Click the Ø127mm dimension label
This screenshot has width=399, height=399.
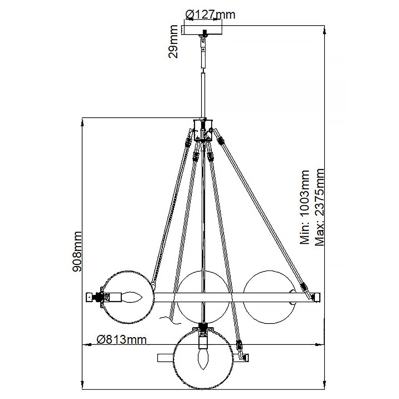pos(210,15)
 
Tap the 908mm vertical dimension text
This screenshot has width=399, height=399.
pos(77,252)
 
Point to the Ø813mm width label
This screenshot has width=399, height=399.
pos(121,339)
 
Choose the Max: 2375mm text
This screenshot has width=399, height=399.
pos(319,207)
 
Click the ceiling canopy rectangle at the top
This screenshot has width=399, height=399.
pos(202,29)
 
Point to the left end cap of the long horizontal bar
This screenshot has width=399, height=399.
pos(89,296)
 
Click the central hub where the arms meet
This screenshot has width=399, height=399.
pos(203,130)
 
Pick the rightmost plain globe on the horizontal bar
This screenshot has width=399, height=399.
pos(269,297)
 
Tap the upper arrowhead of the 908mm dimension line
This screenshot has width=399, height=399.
pos(82,123)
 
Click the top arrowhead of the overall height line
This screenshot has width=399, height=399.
pos(325,31)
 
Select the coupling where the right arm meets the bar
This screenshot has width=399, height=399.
pos(304,287)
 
